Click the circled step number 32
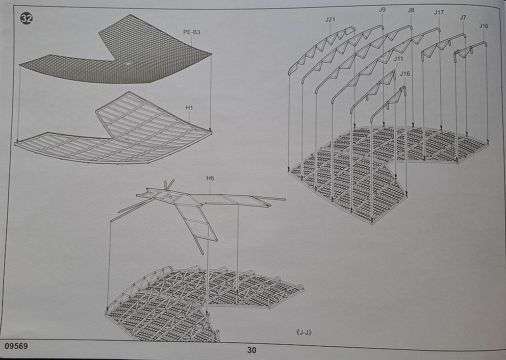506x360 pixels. tap(26, 19)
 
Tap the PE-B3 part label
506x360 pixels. tap(192, 32)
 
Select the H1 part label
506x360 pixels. tap(189, 107)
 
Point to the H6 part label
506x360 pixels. tap(210, 178)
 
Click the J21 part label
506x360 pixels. tap(330, 19)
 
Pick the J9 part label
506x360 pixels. tap(382, 9)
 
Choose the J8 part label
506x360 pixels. tap(411, 9)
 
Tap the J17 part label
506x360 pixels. tap(439, 12)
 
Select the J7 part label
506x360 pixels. tap(463, 17)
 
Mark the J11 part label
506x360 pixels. tap(398, 59)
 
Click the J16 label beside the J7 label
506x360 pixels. tap(484, 25)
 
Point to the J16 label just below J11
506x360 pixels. tap(404, 73)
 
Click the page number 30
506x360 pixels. tap(251, 350)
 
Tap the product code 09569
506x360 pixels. tap(16, 346)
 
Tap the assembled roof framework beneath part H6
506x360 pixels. tap(194, 301)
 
